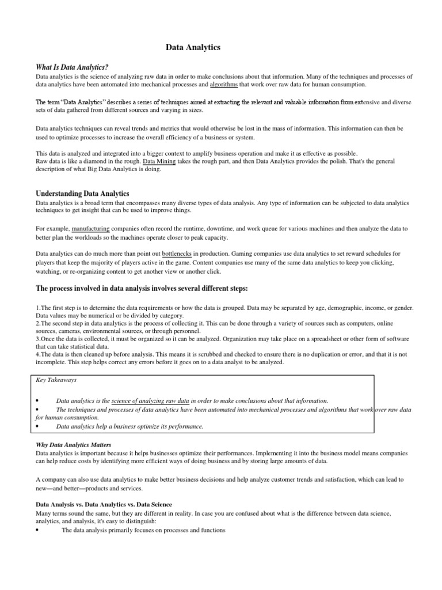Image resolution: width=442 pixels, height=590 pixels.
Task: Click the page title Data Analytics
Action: [193, 48]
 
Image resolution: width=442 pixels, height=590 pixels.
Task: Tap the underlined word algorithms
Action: [224, 84]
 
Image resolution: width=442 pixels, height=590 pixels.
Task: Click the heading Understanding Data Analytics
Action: [83, 194]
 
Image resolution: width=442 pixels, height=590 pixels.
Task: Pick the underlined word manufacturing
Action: [91, 229]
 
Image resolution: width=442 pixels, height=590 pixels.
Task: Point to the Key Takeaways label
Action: [56, 380]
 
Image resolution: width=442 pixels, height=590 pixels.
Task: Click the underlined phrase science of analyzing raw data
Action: [150, 400]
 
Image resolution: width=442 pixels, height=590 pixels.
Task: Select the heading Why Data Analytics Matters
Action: [74, 445]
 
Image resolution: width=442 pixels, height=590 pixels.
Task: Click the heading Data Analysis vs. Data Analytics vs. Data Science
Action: [104, 504]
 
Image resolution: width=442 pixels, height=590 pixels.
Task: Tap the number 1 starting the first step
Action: [37, 308]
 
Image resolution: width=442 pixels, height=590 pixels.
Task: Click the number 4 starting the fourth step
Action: [37, 354]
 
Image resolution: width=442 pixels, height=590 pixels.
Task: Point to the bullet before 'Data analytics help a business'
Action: [37, 427]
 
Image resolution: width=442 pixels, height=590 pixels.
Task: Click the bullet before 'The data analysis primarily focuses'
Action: [37, 531]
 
